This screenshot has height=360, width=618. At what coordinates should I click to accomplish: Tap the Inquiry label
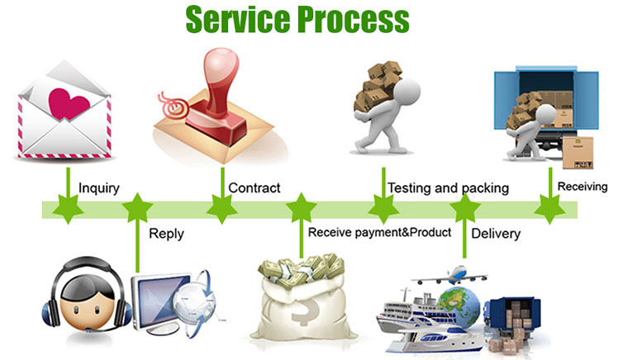(98, 188)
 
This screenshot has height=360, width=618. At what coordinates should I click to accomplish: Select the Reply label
(166, 234)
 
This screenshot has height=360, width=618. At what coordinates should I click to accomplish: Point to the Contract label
(254, 188)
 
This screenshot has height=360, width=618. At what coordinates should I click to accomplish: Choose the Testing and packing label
(448, 188)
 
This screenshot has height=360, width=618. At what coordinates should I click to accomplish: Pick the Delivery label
(496, 234)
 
